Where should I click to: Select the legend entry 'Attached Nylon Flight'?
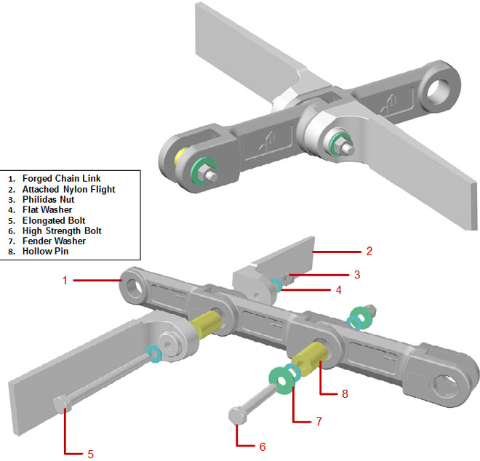[x=68, y=188]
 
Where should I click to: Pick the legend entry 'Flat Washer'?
[x=47, y=209]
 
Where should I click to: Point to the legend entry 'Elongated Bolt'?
[x=54, y=220]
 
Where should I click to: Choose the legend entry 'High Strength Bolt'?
[x=62, y=230]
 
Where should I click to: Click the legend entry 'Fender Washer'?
[x=54, y=241]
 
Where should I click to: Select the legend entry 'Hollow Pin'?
[x=47, y=251]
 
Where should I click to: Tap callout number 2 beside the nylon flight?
[x=369, y=252]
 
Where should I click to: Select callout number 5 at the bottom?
[x=90, y=454]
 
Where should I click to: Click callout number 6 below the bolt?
[x=263, y=446]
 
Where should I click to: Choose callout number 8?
[x=345, y=393]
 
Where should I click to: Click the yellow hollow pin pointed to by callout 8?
[x=313, y=358]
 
